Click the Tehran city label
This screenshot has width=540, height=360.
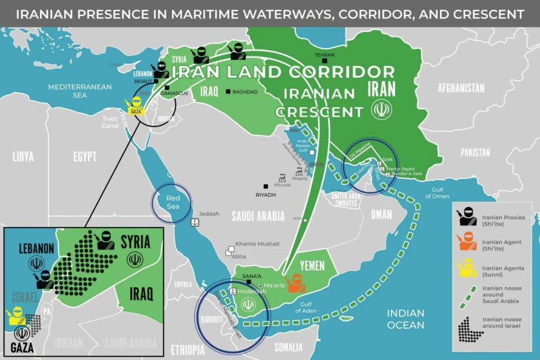click(324, 55)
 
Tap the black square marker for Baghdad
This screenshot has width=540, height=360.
click(228, 92)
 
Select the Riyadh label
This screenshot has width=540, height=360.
click(266, 194)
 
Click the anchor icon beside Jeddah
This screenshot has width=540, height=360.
click(195, 222)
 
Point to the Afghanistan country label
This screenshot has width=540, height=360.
click(461, 88)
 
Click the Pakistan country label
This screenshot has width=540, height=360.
click(475, 152)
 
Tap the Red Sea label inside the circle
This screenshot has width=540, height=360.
click(173, 202)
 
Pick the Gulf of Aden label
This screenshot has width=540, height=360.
click(305, 307)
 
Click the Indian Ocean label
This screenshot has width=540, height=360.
click(406, 319)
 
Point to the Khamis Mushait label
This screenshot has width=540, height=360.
click(257, 244)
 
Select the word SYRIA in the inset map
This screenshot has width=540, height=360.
click(136, 242)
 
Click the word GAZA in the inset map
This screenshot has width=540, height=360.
click(22, 347)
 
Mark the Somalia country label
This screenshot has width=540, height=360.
click(288, 347)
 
